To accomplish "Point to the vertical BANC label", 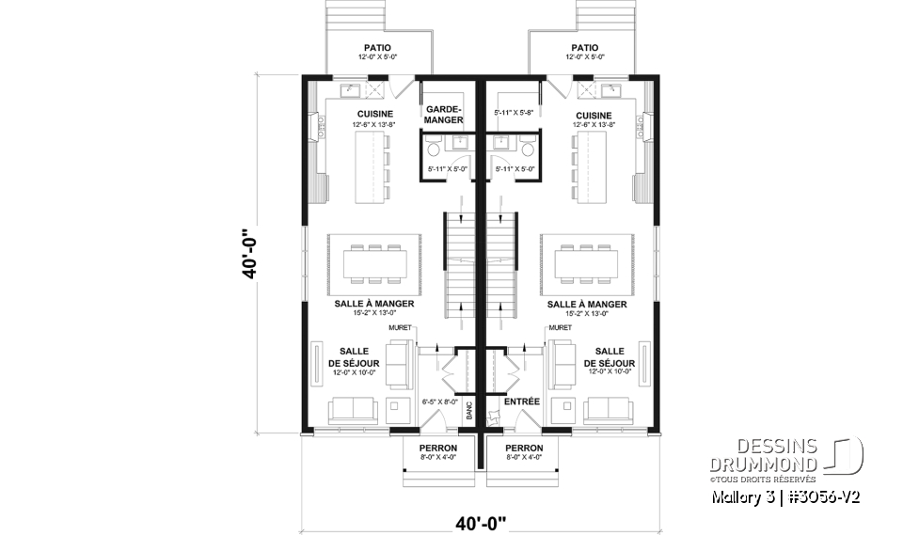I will point(467,411).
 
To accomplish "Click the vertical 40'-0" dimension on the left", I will point(246,254).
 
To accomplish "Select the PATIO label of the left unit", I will point(377,48).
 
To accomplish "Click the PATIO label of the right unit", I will point(584,48).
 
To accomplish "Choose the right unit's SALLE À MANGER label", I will point(587,305).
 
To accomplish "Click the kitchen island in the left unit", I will point(372,166).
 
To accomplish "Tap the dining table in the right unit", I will point(585,262).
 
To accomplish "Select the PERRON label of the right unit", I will point(524,448).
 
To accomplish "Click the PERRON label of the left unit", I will point(438,448).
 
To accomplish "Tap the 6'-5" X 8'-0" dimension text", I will point(439,401).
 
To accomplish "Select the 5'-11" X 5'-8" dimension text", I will point(514,112).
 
